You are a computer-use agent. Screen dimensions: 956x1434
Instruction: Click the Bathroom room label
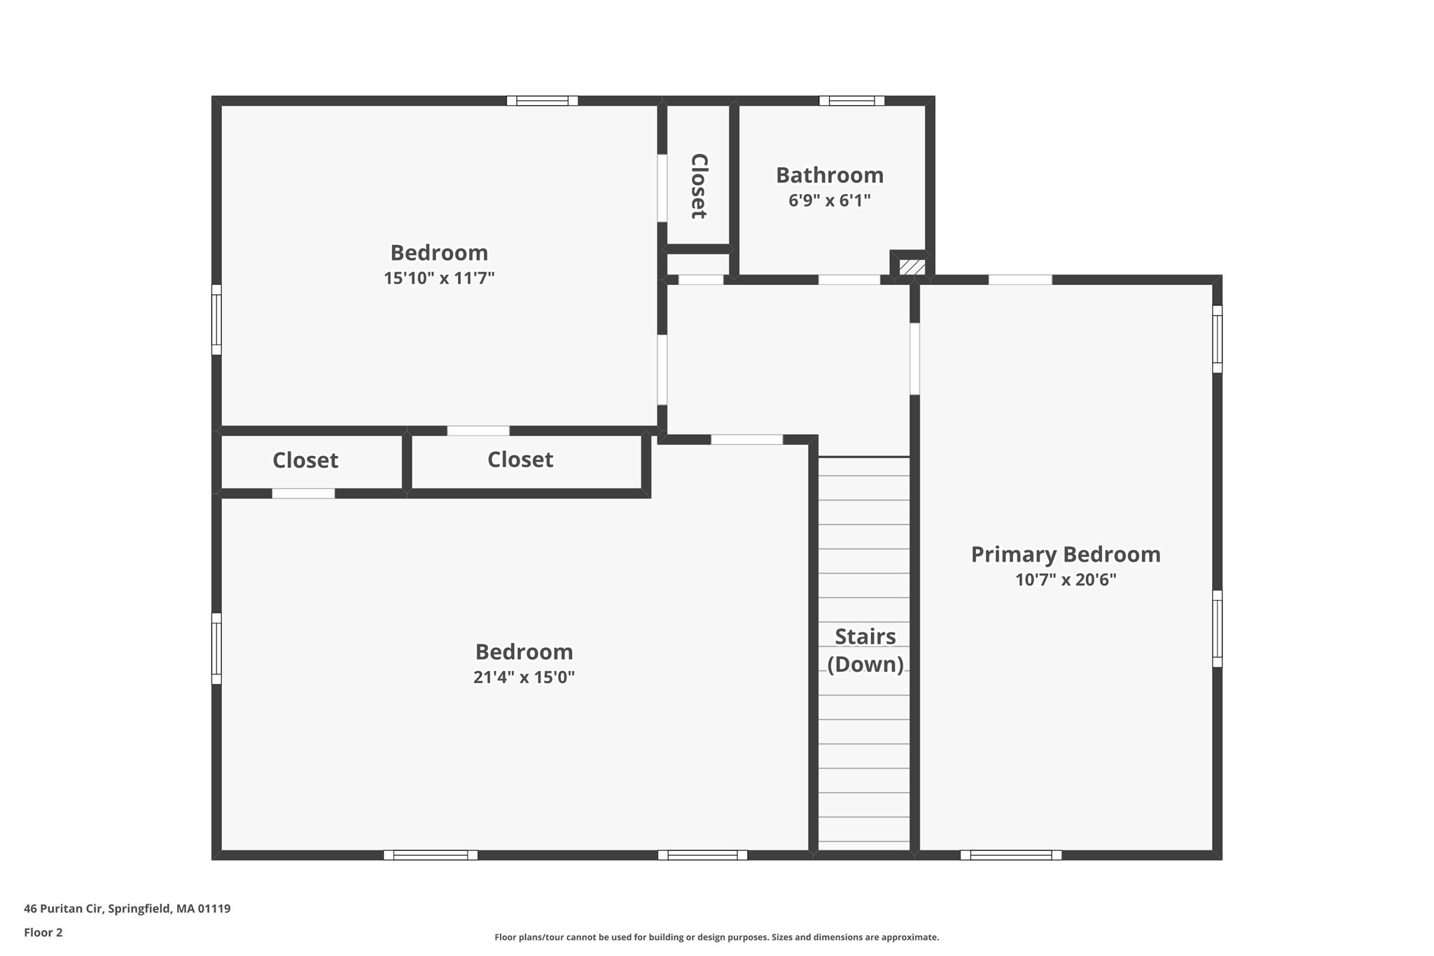click(829, 175)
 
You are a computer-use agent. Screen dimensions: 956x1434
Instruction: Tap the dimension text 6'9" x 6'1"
click(829, 201)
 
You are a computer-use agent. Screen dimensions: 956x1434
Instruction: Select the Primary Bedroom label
click(1065, 555)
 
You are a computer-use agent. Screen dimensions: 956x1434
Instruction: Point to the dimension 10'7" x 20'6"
click(1065, 580)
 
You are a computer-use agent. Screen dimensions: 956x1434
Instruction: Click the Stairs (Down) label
click(865, 650)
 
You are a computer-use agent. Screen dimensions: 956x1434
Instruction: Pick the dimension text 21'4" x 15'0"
click(524, 677)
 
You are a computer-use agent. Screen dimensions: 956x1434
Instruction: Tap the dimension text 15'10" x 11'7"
click(439, 278)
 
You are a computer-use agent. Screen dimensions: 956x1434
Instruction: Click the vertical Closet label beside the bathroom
click(699, 186)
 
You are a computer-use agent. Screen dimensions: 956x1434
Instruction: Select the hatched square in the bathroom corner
click(912, 267)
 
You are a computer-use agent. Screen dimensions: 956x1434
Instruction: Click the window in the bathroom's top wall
click(851, 101)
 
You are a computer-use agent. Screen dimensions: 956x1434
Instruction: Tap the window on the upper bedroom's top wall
click(542, 101)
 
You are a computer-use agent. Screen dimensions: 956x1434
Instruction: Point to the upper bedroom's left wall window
click(216, 319)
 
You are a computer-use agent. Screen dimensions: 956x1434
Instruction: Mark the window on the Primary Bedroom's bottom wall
click(1010, 854)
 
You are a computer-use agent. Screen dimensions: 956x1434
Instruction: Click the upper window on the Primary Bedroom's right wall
click(1217, 339)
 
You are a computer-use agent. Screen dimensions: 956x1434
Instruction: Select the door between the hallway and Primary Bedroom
click(914, 359)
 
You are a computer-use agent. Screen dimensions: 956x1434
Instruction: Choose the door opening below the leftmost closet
click(303, 494)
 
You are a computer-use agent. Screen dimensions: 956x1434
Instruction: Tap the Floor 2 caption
click(43, 932)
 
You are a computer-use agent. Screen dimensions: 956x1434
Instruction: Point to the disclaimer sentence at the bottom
click(716, 937)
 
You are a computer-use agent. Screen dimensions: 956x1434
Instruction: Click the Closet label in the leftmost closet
click(305, 460)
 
